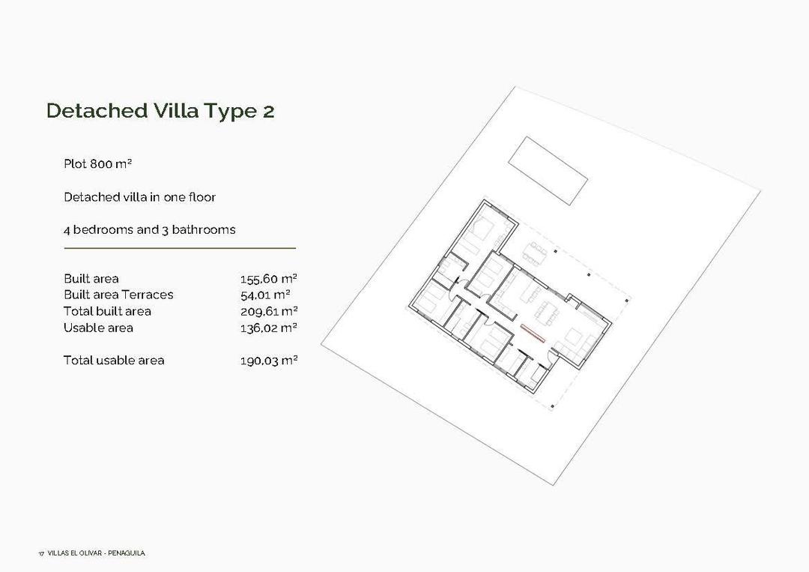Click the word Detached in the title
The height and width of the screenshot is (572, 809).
97,111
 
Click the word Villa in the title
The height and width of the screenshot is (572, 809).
177,111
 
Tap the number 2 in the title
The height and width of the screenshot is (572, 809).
268,112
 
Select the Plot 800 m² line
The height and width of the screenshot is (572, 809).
98,163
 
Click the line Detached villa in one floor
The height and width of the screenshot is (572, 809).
139,197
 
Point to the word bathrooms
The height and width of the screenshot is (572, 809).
204,229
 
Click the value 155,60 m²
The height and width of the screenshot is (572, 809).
269,279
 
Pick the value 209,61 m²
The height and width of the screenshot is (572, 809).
269,311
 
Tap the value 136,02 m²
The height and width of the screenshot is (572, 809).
269,328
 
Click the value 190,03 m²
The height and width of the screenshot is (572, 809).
269,361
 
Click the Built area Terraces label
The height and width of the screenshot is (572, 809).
118,295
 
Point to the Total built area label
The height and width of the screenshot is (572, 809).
107,311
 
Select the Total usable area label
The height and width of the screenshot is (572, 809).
114,360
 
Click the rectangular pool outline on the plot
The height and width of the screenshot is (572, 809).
548,170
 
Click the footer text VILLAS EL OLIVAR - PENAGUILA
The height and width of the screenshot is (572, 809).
96,553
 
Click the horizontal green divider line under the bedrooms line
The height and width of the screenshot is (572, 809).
180,247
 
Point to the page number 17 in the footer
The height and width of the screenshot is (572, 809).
40,554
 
